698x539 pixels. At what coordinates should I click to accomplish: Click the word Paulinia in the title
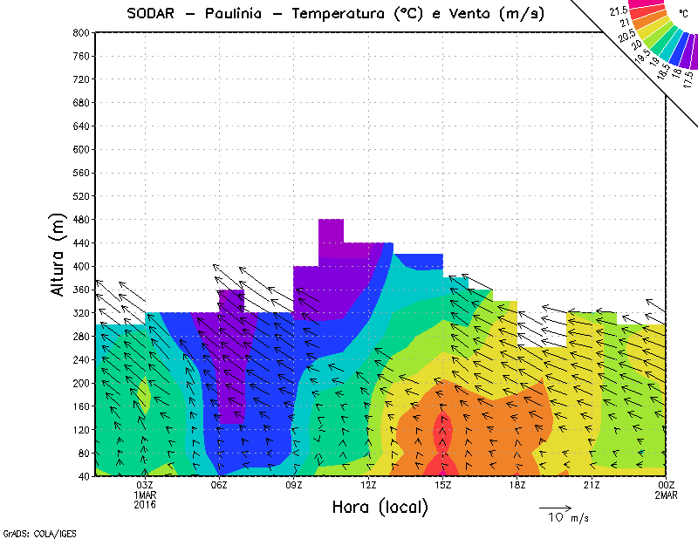(242, 14)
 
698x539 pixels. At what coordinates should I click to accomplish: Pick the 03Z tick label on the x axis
(145, 485)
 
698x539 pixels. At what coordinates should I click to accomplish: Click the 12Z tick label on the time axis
(368, 485)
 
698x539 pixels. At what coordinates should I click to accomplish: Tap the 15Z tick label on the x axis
(443, 485)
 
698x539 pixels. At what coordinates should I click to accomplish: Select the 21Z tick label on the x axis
(592, 485)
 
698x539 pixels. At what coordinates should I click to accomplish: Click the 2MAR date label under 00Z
(666, 495)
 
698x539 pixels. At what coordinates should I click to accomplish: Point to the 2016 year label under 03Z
(145, 504)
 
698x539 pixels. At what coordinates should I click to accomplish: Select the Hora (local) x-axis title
(380, 507)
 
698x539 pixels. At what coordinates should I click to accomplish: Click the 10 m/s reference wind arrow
(555, 506)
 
